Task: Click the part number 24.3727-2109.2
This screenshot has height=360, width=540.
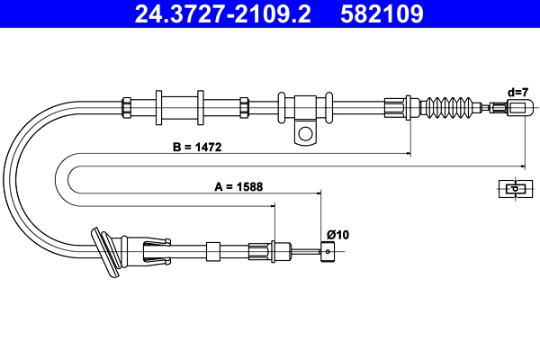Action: pyautogui.click(x=222, y=13)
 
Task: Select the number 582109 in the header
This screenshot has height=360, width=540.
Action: pyautogui.click(x=382, y=13)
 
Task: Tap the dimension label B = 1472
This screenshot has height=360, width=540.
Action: pyautogui.click(x=197, y=147)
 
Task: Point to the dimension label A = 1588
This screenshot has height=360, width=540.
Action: pyautogui.click(x=238, y=186)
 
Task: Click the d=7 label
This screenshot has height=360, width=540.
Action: pyautogui.click(x=517, y=93)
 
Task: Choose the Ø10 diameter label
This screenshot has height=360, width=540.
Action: pyautogui.click(x=337, y=235)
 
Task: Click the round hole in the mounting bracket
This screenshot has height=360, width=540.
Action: pyautogui.click(x=305, y=133)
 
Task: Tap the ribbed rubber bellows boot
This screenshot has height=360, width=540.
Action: pyautogui.click(x=448, y=108)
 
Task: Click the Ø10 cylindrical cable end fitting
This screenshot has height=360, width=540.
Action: pyautogui.click(x=328, y=251)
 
